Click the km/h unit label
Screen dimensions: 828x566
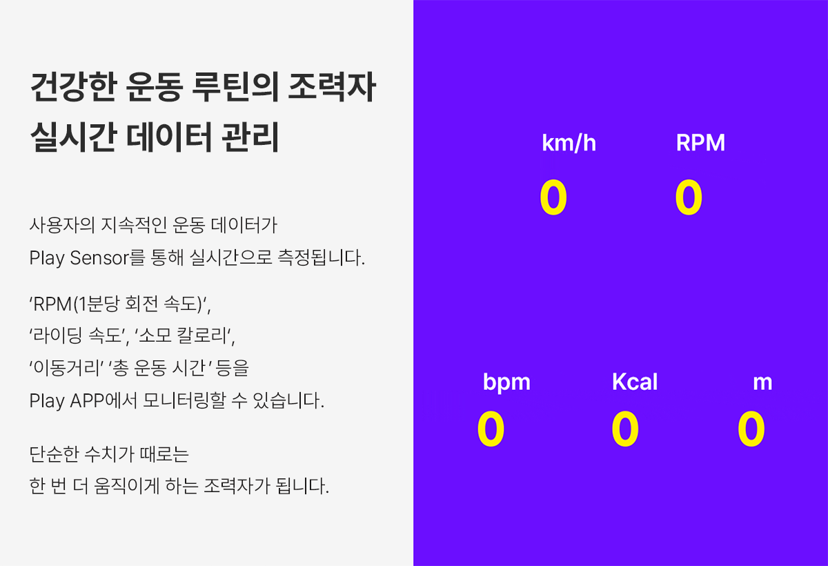[x=569, y=143]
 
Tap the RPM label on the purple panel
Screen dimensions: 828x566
[x=700, y=142]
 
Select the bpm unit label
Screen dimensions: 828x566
[x=506, y=382]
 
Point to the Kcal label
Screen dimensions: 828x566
[x=635, y=382]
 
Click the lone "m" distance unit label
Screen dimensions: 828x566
[x=762, y=383]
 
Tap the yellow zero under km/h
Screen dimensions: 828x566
[x=553, y=197]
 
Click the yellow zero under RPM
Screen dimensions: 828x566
[x=689, y=197]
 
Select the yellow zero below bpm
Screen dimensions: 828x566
[x=491, y=429]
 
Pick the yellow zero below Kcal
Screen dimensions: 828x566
[x=625, y=429]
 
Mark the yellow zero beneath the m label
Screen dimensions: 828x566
[x=751, y=429]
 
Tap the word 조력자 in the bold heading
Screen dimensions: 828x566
[x=332, y=87]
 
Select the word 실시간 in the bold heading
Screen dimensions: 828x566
[x=74, y=137]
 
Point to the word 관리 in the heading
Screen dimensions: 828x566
[x=250, y=137]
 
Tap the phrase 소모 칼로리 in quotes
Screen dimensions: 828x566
[x=183, y=335]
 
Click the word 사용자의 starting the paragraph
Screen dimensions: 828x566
[x=62, y=225]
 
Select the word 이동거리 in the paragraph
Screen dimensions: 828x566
[x=68, y=367]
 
